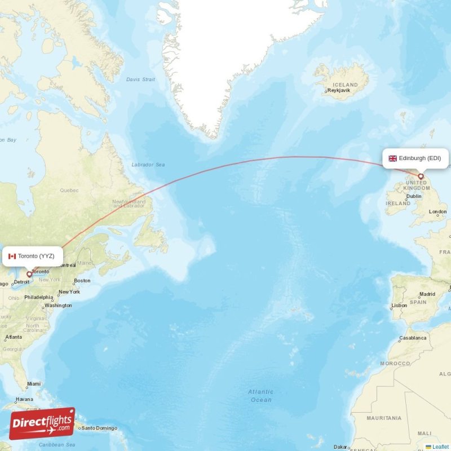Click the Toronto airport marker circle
click(29, 275)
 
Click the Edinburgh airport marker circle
click(421, 176)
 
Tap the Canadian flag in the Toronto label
click(12, 256)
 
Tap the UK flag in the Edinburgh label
click(392, 158)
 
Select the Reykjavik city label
click(340, 90)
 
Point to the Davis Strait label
click(140, 79)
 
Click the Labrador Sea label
click(148, 165)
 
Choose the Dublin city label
click(414, 196)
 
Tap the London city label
click(437, 212)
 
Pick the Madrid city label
click(427, 294)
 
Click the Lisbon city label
click(399, 305)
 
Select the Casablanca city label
click(413, 338)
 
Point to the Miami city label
click(33, 385)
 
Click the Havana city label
click(25, 399)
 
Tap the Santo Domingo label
click(100, 428)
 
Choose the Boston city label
click(82, 281)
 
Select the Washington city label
click(58, 306)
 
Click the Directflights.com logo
click(42, 424)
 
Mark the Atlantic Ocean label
click(260, 396)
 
